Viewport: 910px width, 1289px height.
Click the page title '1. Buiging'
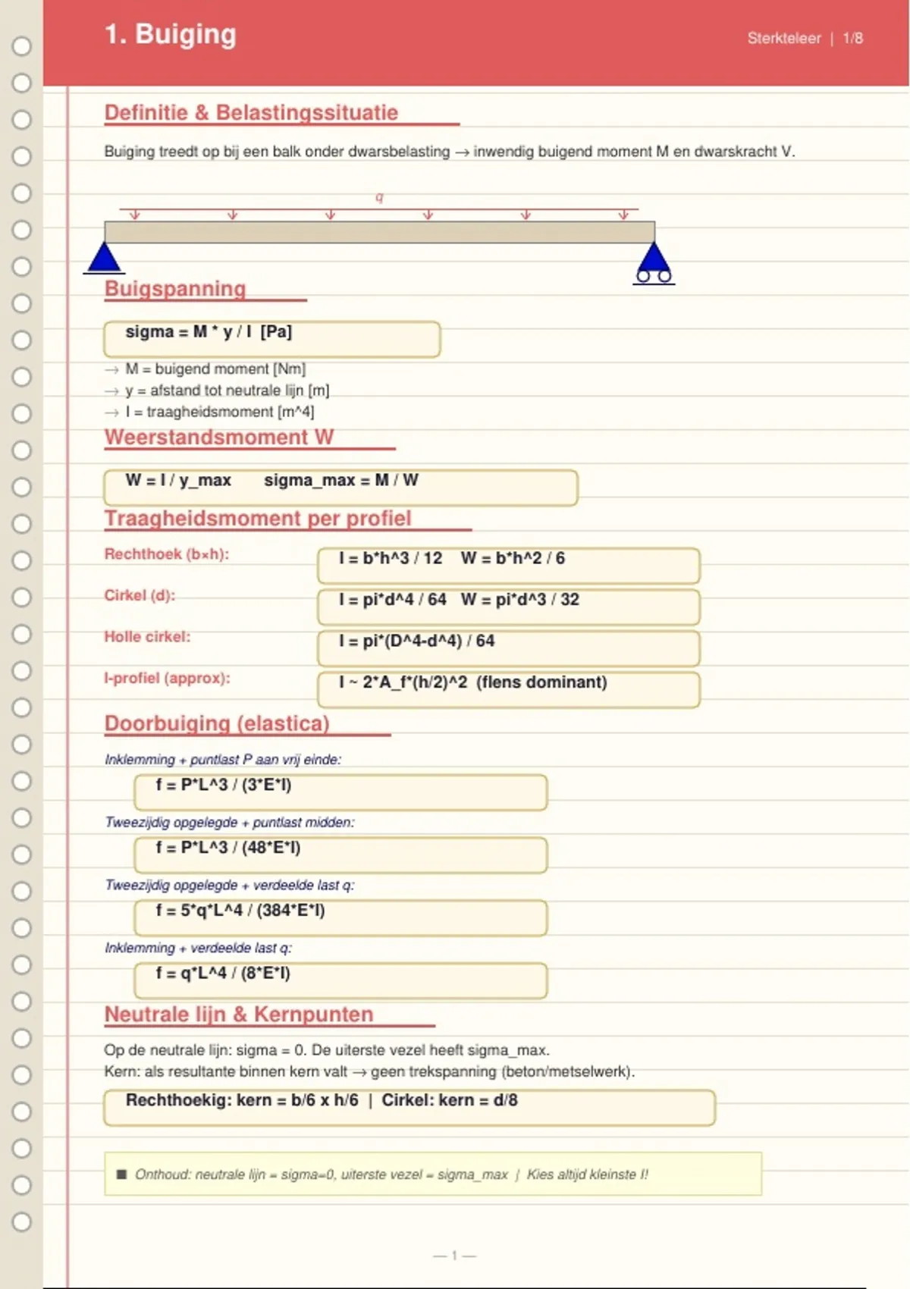click(171, 35)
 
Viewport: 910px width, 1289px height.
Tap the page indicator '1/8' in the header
click(852, 39)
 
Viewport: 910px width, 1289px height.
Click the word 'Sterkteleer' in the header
click(783, 39)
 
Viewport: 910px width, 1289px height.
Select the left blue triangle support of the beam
click(105, 258)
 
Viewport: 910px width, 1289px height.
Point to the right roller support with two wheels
click(654, 264)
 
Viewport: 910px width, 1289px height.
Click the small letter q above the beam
click(379, 198)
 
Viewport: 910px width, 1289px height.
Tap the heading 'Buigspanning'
click(175, 289)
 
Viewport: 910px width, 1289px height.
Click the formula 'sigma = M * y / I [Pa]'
click(209, 332)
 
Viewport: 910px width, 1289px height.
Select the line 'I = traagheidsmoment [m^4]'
click(220, 412)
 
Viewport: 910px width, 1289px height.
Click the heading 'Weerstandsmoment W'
click(219, 438)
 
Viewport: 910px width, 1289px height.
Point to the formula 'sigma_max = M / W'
click(341, 481)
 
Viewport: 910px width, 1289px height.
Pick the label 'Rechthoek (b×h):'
click(167, 554)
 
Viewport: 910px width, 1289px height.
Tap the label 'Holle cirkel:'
click(147, 637)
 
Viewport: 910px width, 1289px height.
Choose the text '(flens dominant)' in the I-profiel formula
click(541, 682)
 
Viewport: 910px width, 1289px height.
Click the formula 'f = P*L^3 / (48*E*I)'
click(228, 848)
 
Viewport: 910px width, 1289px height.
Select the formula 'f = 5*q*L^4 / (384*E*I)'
click(240, 911)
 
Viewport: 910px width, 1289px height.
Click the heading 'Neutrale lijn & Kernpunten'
click(239, 1015)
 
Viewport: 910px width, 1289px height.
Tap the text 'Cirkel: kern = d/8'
click(450, 1100)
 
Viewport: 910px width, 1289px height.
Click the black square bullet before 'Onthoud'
click(121, 1175)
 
